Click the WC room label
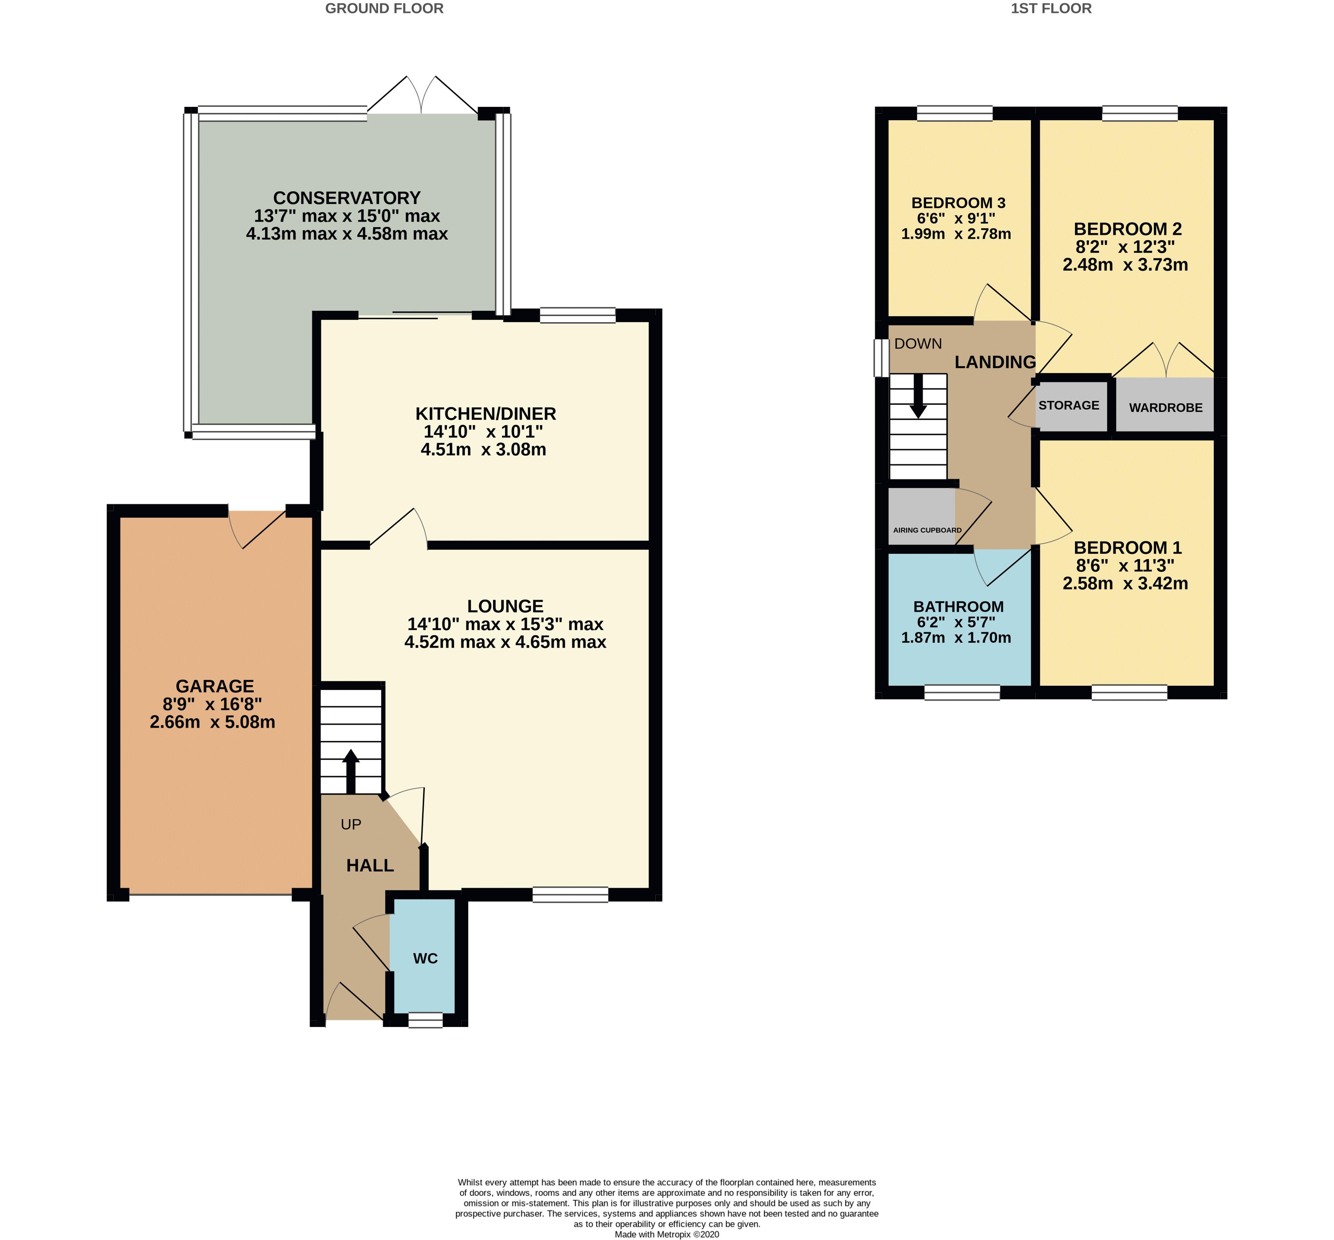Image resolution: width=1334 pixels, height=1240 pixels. tap(425, 958)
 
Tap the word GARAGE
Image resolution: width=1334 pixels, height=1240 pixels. tap(215, 687)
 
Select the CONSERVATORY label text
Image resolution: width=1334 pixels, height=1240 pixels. tap(347, 198)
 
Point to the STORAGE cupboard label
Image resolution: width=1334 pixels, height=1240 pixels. tap(1069, 405)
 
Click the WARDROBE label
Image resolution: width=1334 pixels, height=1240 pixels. tap(1165, 407)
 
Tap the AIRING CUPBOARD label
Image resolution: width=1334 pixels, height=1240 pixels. tap(927, 530)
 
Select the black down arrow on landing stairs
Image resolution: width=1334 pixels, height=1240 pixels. tap(918, 396)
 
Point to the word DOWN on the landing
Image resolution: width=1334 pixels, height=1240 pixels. tap(918, 343)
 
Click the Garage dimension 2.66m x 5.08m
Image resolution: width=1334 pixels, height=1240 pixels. tap(213, 723)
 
